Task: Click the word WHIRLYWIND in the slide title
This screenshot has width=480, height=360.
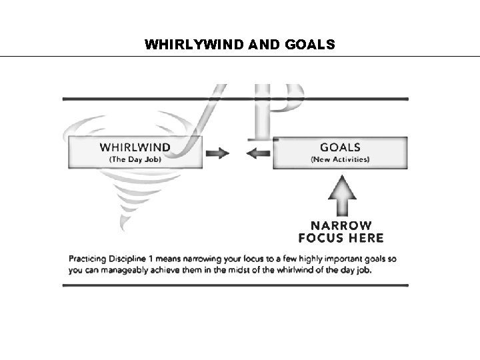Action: click(x=191, y=45)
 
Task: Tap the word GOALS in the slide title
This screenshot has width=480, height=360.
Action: click(x=304, y=45)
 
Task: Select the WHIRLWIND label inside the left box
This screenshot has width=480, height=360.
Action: click(x=135, y=147)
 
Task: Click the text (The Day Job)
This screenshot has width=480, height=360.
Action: click(x=135, y=159)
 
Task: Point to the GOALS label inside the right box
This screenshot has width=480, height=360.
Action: click(x=340, y=147)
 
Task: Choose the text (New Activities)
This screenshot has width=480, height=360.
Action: click(x=340, y=159)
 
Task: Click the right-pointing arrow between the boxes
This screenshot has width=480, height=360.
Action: click(x=217, y=153)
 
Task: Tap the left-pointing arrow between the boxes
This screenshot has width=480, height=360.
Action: click(x=257, y=153)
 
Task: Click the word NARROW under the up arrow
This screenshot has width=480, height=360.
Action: click(x=340, y=226)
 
